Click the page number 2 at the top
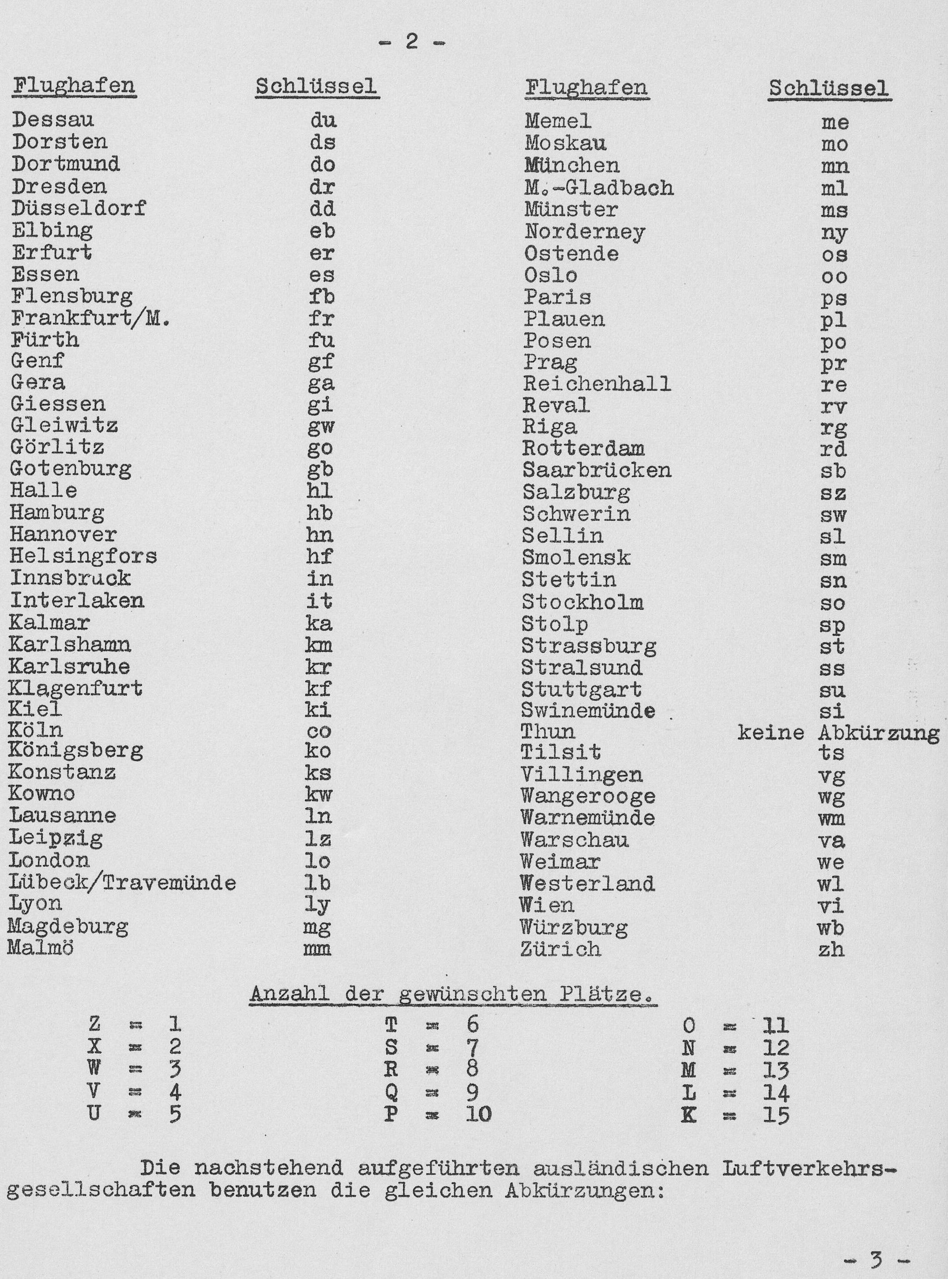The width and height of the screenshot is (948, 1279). pyautogui.click(x=412, y=43)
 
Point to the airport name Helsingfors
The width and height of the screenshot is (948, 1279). pyautogui.click(x=83, y=556)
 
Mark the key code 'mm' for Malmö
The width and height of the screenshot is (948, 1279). pyautogui.click(x=317, y=949)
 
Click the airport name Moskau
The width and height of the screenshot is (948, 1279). pyautogui.click(x=565, y=143)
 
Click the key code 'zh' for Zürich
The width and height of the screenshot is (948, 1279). pyautogui.click(x=831, y=949)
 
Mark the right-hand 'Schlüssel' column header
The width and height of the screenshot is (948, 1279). pyautogui.click(x=829, y=88)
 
